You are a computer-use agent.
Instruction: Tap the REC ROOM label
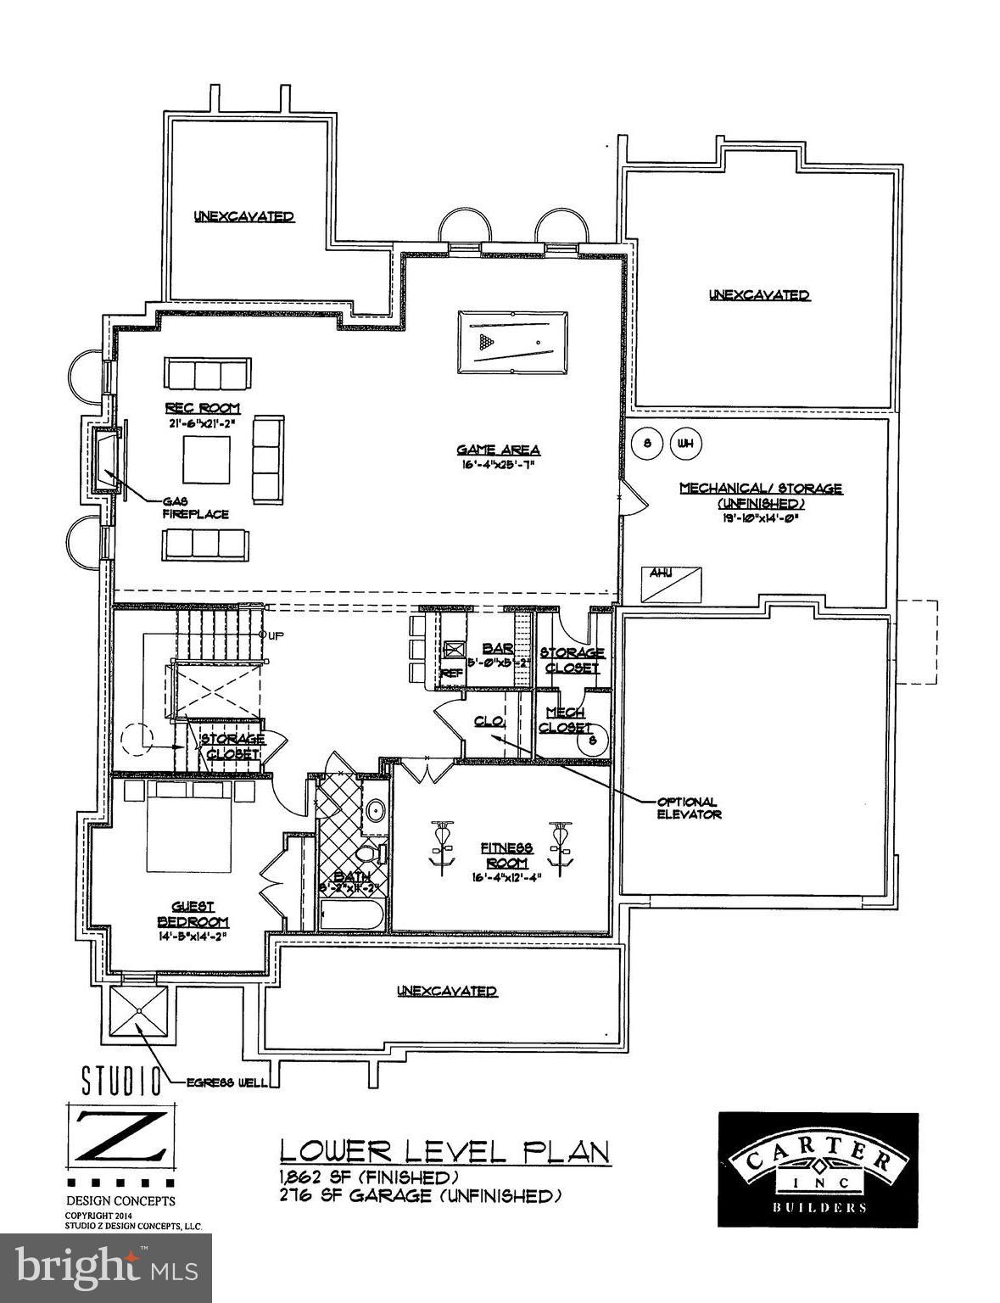pos(203,409)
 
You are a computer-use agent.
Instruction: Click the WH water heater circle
pos(684,443)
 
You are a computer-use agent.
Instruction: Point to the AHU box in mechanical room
pos(673,584)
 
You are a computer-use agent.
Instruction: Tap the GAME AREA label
pos(498,450)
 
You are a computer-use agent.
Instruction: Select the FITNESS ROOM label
pos(506,854)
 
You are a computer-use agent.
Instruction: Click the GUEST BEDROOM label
pos(193,914)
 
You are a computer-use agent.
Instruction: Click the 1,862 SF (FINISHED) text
pos(369,1177)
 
